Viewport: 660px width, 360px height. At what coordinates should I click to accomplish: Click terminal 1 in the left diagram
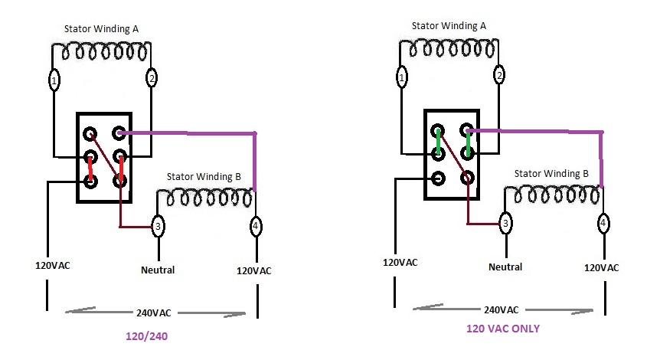(54, 79)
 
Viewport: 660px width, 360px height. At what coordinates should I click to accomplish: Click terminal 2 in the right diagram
(499, 75)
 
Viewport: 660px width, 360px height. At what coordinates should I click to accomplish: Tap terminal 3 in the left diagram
(158, 225)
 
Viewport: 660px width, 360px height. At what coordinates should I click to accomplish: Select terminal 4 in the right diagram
(604, 224)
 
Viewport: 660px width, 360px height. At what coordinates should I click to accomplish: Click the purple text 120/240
(147, 335)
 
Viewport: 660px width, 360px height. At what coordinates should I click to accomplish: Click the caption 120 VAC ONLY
(503, 329)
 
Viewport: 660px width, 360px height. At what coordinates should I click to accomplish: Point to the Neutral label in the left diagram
(158, 270)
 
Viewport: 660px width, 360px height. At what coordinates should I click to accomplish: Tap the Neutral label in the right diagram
(505, 267)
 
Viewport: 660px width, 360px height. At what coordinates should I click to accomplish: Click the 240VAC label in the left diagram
(154, 313)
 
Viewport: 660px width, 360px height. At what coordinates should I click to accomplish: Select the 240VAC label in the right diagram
(501, 309)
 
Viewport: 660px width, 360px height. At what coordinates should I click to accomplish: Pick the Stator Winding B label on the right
(551, 173)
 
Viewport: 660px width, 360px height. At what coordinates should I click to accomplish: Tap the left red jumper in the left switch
(91, 169)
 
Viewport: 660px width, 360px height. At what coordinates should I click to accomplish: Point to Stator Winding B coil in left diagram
(205, 198)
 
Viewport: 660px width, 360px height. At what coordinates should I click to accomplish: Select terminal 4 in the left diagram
(255, 227)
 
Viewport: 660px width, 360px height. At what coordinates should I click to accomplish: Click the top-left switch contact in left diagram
(91, 133)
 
